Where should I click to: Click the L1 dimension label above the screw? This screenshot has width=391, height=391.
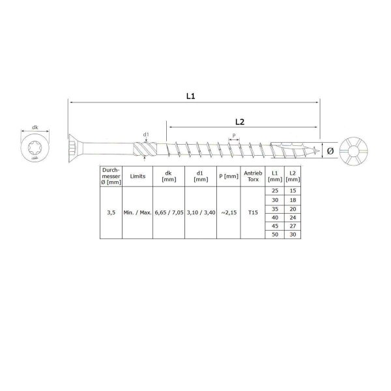click(x=190, y=96)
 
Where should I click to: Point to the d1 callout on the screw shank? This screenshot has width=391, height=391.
click(x=147, y=136)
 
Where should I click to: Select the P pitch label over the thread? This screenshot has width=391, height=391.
click(x=235, y=137)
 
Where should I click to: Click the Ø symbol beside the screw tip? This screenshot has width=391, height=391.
click(x=330, y=151)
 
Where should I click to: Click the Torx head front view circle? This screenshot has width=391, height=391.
click(x=34, y=151)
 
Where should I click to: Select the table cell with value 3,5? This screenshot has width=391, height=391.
click(x=111, y=212)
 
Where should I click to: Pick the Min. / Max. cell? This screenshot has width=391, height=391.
click(x=137, y=212)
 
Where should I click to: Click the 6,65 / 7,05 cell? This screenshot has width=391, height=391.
click(x=169, y=212)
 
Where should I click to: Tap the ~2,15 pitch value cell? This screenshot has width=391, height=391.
click(x=227, y=212)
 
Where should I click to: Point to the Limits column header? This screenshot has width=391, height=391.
click(x=137, y=175)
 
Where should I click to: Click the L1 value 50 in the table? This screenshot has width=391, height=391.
click(x=276, y=233)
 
